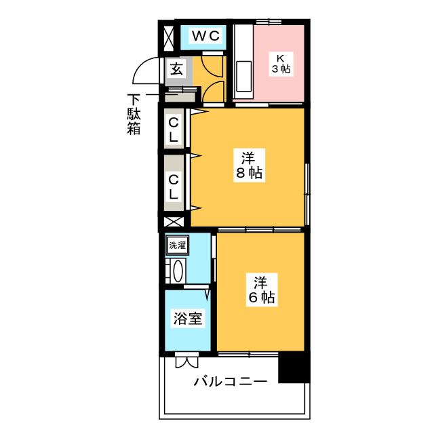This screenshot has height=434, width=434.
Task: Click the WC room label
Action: [206, 36]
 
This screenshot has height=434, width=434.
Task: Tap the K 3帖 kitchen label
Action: [281, 64]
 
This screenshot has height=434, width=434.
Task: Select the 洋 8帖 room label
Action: [249, 165]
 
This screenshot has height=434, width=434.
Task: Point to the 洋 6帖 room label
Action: [262, 290]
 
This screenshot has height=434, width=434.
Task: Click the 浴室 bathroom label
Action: [188, 318]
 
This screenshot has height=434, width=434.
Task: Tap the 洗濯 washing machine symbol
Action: [178, 245]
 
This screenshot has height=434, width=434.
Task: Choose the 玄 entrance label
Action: [176, 68]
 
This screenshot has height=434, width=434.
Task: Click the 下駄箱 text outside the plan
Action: [134, 115]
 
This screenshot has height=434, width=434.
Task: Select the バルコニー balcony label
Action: [231, 381]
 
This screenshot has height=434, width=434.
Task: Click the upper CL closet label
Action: [174, 130]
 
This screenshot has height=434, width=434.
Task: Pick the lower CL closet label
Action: [174, 187]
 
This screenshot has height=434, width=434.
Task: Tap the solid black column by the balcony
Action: [294, 368]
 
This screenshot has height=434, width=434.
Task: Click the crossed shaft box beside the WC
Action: [169, 38]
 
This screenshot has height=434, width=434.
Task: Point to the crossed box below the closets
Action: [174, 222]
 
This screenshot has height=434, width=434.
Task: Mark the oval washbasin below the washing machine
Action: [178, 271]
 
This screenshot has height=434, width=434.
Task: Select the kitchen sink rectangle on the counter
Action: [244, 77]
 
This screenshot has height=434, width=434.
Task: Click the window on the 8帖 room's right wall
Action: [307, 195]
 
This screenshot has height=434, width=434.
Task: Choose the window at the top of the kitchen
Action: [269, 22]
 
